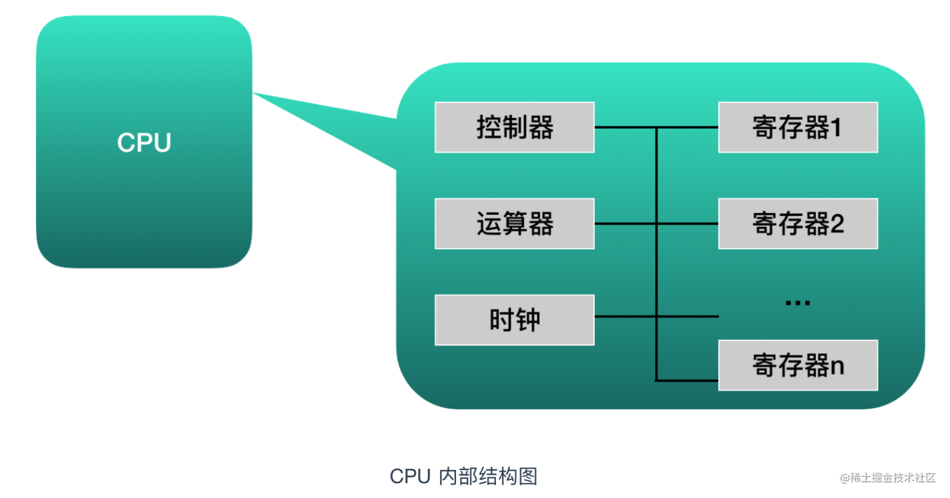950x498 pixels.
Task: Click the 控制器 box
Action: tap(514, 127)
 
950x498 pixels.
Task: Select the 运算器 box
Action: tap(514, 223)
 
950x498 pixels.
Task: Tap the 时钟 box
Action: tap(514, 320)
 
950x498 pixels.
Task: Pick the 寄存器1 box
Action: tap(798, 127)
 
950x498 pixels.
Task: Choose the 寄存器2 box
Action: tap(798, 223)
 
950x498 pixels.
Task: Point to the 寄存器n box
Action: tap(798, 365)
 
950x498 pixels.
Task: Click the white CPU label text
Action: tap(144, 142)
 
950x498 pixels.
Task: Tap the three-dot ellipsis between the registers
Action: tap(797, 303)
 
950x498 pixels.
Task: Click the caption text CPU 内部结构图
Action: tap(464, 476)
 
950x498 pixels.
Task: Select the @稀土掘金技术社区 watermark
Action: tap(888, 478)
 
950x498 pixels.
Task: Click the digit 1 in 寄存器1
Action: tap(836, 127)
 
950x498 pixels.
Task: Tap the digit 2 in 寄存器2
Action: tap(837, 223)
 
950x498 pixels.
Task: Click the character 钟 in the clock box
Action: tap(528, 320)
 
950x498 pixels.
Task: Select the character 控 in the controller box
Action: tap(489, 127)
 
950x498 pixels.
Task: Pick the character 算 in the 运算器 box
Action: tap(515, 223)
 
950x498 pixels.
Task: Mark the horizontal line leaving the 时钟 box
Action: tap(656, 317)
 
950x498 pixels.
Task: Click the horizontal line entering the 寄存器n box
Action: tap(687, 381)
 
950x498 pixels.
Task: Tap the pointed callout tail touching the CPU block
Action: tap(324, 127)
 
